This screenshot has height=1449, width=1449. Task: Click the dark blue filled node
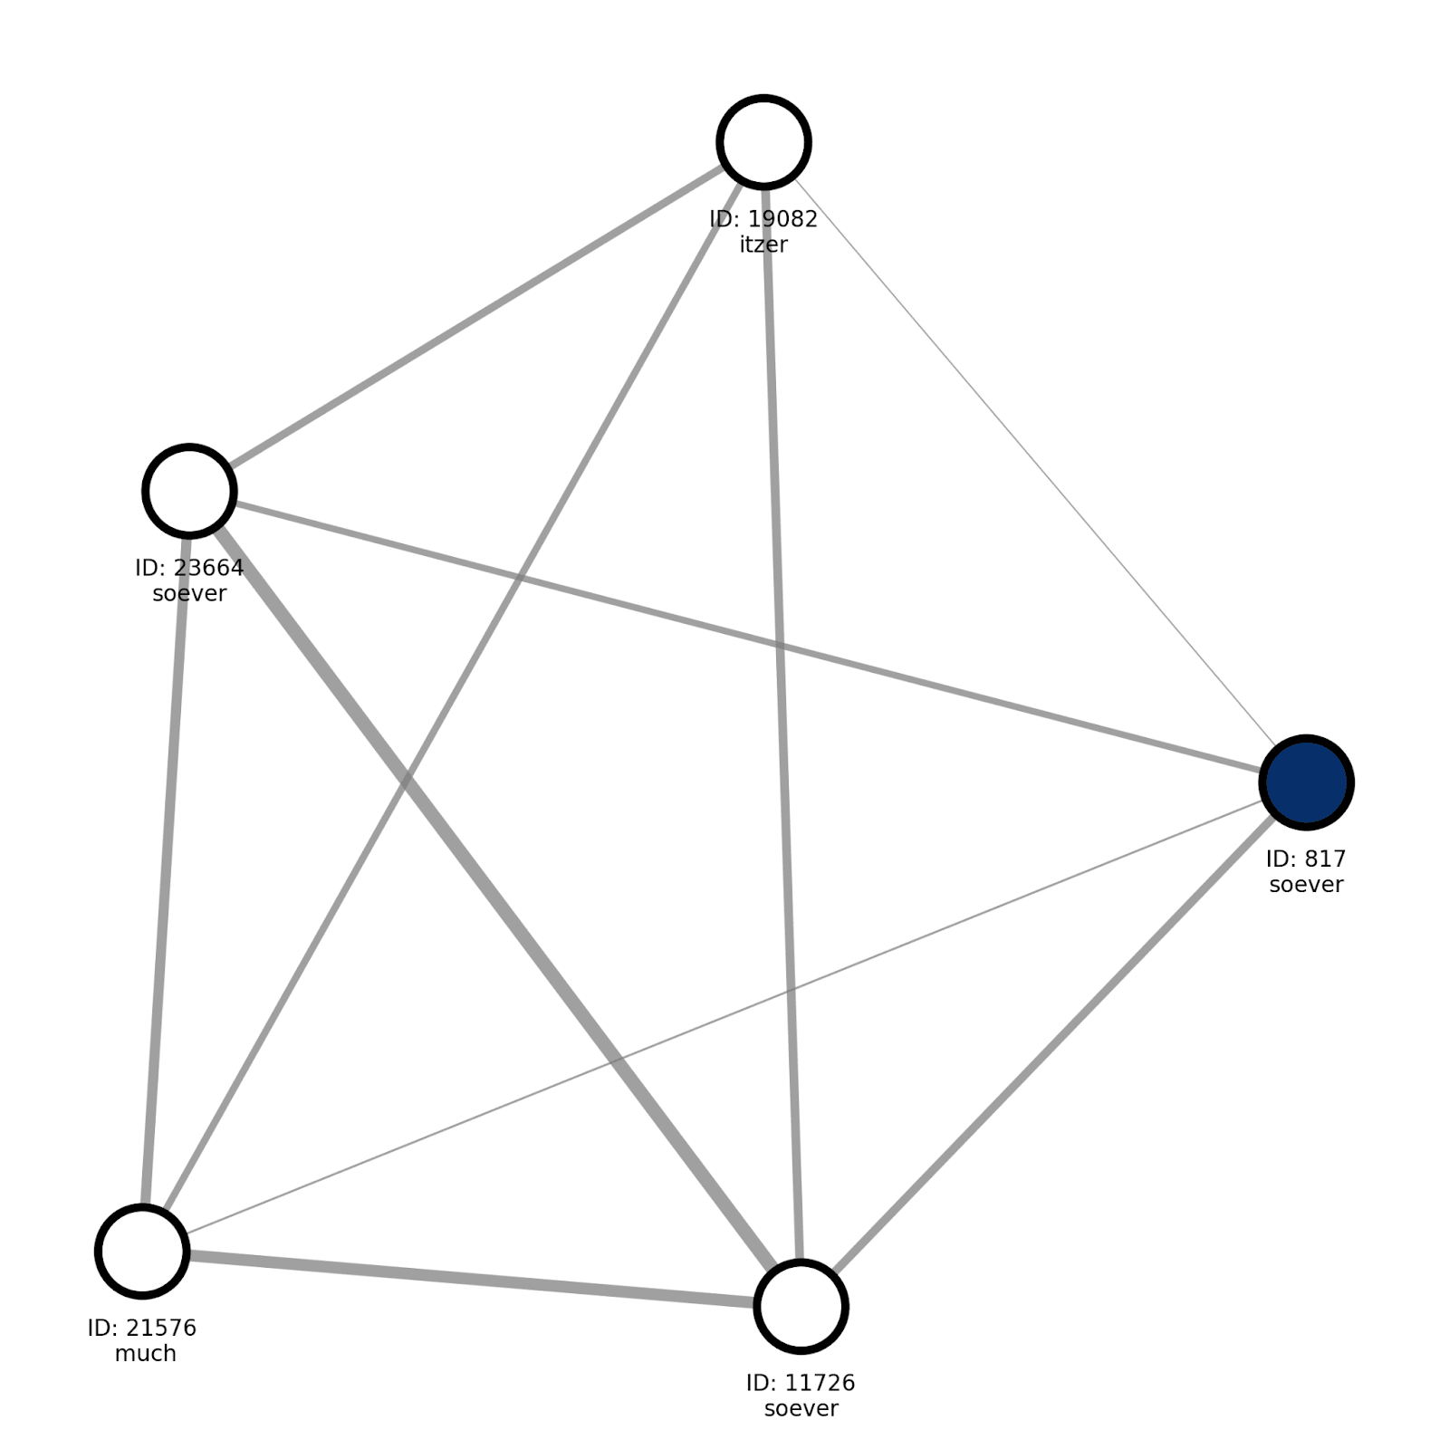click(1306, 782)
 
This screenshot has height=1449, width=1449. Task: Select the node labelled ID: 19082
click(763, 142)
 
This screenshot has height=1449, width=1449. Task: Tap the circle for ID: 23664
click(189, 491)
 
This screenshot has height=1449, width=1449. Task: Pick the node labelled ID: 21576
click(142, 1251)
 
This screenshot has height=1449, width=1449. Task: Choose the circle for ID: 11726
click(801, 1306)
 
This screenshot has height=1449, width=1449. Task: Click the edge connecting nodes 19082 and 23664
click(475, 317)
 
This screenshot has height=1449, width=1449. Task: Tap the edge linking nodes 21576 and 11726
click(471, 1278)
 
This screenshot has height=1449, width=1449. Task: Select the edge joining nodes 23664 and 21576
click(166, 869)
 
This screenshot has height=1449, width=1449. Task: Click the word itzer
click(763, 245)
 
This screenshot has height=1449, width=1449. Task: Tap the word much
click(145, 1354)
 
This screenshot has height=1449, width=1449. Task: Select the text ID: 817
click(1306, 859)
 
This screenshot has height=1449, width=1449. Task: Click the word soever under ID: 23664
click(189, 594)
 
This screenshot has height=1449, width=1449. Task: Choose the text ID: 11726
click(801, 1383)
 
